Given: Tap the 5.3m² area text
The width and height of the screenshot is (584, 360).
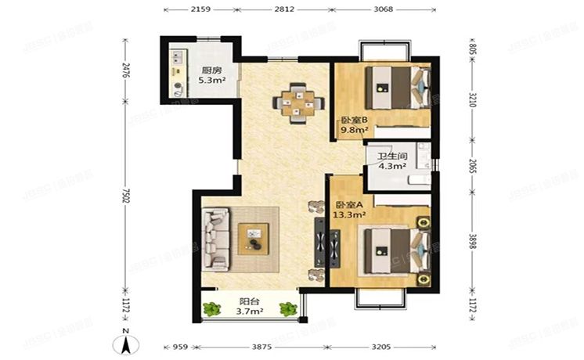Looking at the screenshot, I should click(211, 80).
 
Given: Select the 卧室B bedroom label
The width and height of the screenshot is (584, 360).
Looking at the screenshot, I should click(349, 121).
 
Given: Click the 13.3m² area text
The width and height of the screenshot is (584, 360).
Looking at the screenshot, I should click(351, 213).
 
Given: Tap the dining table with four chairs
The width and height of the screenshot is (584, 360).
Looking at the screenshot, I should click(298, 101).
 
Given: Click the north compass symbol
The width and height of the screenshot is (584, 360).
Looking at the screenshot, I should click(124, 343).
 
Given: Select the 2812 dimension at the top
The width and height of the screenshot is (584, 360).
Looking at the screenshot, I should click(283, 9).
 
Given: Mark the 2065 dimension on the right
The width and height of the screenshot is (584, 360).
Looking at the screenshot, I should click(472, 166).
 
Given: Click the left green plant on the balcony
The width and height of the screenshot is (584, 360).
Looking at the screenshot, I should click(209, 309).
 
